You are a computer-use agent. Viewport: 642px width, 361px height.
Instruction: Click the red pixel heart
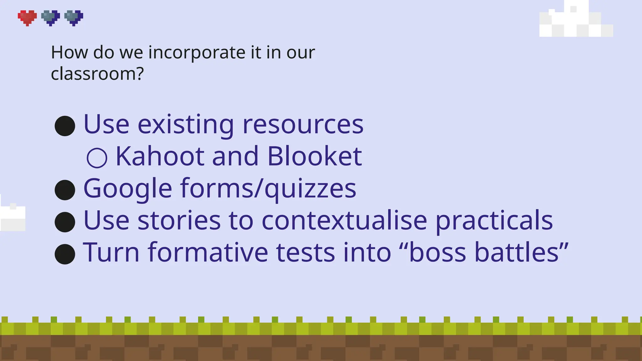pos(27,18)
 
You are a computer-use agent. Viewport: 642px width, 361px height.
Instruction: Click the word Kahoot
pos(160,156)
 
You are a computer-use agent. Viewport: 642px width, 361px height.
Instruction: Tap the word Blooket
pos(314,156)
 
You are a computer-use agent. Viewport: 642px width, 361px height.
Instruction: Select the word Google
pos(128,189)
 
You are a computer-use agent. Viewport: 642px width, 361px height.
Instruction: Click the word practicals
pos(494,221)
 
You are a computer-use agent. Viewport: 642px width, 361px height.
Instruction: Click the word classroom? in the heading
pos(97,74)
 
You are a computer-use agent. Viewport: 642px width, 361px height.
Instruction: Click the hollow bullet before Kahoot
pos(97,158)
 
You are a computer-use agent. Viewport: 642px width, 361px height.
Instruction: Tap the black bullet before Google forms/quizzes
pos(65,190)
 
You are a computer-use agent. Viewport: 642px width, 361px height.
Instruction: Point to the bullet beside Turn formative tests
pos(65,254)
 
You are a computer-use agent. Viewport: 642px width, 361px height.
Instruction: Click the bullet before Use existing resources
pos(65,126)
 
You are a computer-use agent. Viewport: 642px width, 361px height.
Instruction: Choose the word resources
pos(303,125)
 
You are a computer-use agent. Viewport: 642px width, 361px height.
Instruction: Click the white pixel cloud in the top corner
pos(576,21)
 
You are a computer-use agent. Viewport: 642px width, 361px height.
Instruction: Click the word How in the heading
pos(69,52)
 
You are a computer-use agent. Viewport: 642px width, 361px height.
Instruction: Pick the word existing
pos(186,125)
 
